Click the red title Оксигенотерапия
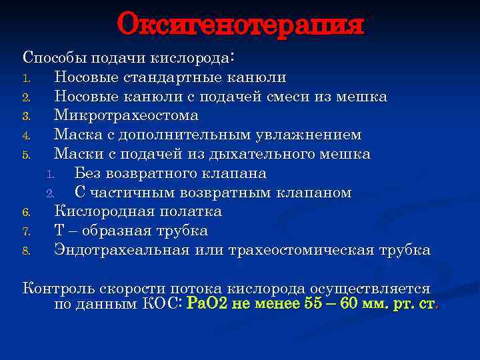[x=240, y=25]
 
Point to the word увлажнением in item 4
[x=309, y=135]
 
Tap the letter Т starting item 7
[x=59, y=231]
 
